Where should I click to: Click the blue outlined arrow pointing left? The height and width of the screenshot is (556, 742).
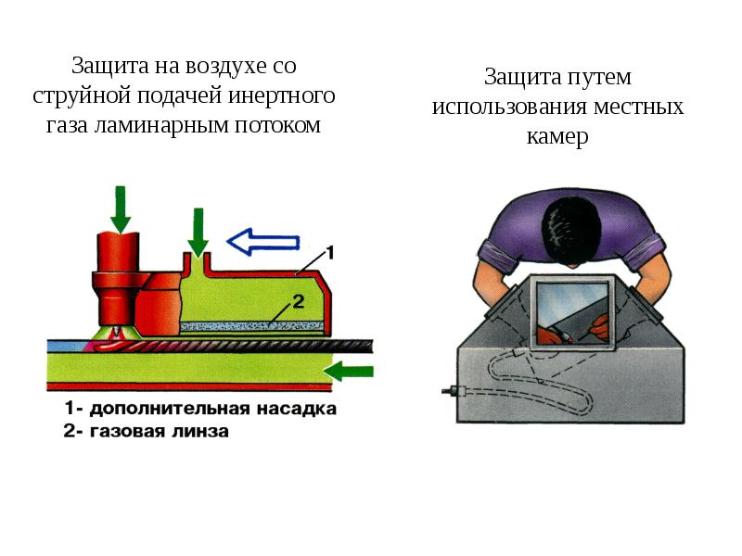pyautogui.click(x=263, y=242)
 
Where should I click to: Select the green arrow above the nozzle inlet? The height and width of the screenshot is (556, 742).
pyautogui.click(x=198, y=233)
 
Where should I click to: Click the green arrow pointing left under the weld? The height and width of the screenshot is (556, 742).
pyautogui.click(x=352, y=372)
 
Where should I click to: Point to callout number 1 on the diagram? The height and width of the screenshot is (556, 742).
pyautogui.click(x=330, y=252)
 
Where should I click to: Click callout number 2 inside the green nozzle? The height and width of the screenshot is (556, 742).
pyautogui.click(x=298, y=302)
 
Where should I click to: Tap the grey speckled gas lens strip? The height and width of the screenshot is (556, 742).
pyautogui.click(x=252, y=325)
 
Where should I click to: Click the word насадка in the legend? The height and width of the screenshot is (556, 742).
pyautogui.click(x=296, y=409)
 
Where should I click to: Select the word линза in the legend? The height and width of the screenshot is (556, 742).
pyautogui.click(x=199, y=431)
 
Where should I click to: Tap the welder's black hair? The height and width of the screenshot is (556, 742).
pyautogui.click(x=571, y=233)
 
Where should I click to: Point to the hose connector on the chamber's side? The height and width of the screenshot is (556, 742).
pyautogui.click(x=453, y=391)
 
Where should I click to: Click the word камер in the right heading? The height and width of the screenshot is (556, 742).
pyautogui.click(x=557, y=136)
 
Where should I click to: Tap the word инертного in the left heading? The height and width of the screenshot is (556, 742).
pyautogui.click(x=282, y=96)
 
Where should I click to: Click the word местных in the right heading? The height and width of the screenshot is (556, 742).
pyautogui.click(x=638, y=107)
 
